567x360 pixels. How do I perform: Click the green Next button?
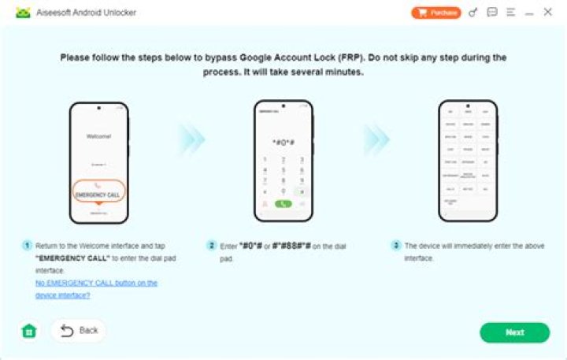pos(514,332)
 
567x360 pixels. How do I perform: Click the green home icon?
pos(29,332)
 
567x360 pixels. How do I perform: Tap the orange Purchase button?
pos(435,13)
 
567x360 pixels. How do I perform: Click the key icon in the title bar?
pos(472,13)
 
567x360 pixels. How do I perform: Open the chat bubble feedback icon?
pos(492,13)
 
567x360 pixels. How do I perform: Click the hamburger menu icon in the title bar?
pos(511,13)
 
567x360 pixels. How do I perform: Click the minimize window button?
pos(529,13)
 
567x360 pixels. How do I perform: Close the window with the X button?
pos(548,13)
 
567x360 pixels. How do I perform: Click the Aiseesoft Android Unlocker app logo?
pos(23,13)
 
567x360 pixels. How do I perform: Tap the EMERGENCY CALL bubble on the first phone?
pos(98,192)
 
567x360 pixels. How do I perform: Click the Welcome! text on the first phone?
pos(98,135)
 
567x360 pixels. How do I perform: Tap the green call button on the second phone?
pos(283,203)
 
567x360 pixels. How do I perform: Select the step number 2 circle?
pos(211,246)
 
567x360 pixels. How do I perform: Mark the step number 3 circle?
pos(396,246)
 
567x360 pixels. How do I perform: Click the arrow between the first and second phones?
pos(191,139)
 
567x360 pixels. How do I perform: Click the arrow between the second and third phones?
pos(376,139)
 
